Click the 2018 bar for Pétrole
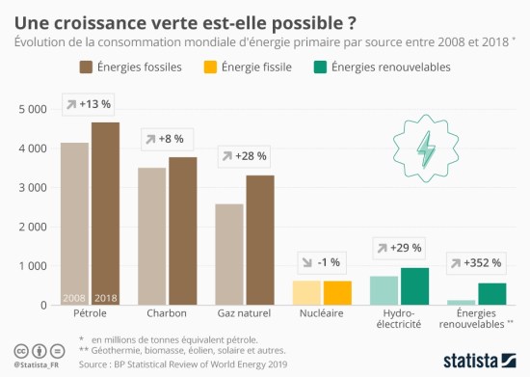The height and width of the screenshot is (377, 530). [x=105, y=213]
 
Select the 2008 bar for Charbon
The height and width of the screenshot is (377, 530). [x=151, y=236]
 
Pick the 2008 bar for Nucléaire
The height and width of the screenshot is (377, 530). [x=306, y=293]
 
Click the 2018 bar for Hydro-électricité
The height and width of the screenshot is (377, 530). [x=414, y=286]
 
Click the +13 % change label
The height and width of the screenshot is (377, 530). [x=90, y=103]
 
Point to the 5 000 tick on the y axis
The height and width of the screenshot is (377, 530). [x=33, y=110]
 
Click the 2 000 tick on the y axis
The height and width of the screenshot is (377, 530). [x=33, y=228]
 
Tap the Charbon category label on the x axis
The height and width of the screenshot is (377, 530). [x=167, y=314]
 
